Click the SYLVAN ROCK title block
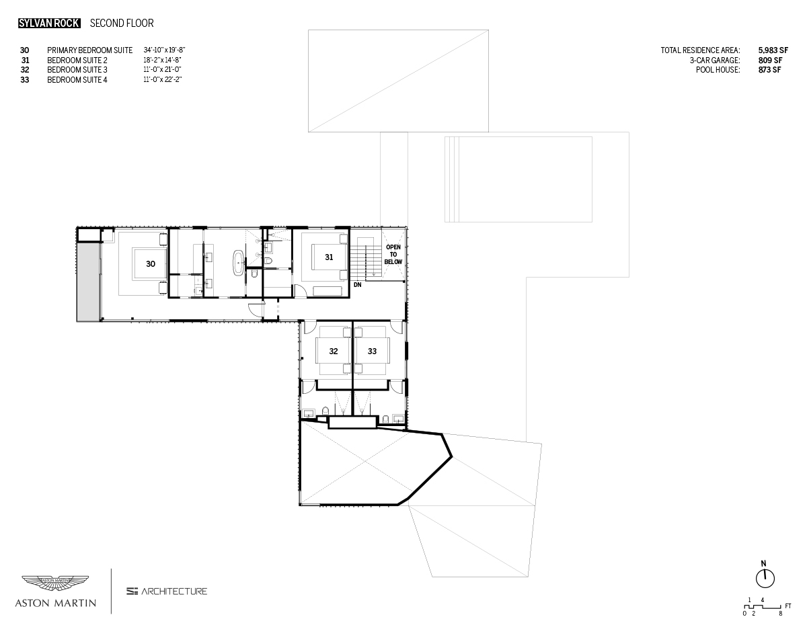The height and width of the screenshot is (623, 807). point(49,24)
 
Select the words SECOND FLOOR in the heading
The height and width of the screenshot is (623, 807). point(122,24)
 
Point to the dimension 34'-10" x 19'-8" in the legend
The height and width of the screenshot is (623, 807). point(164,50)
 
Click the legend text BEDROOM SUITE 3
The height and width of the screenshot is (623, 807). point(77,70)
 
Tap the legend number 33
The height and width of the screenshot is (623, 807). point(24,80)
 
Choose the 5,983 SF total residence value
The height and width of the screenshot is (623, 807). point(773,50)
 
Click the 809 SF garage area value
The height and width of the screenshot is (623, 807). point(770,60)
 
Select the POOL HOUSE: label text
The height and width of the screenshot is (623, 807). point(718,70)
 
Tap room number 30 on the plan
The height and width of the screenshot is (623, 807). point(151,264)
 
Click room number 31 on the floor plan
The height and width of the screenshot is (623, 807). point(329,257)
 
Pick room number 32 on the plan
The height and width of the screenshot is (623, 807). point(334,351)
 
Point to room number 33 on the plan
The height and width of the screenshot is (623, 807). point(372,351)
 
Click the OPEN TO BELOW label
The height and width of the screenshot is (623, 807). point(393,255)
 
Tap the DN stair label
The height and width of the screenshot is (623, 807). point(358,285)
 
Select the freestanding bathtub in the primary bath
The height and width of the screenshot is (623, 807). point(238,262)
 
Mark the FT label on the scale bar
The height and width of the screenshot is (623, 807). point(788,606)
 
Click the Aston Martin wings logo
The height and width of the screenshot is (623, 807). point(55,583)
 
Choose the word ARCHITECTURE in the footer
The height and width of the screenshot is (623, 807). point(174,591)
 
